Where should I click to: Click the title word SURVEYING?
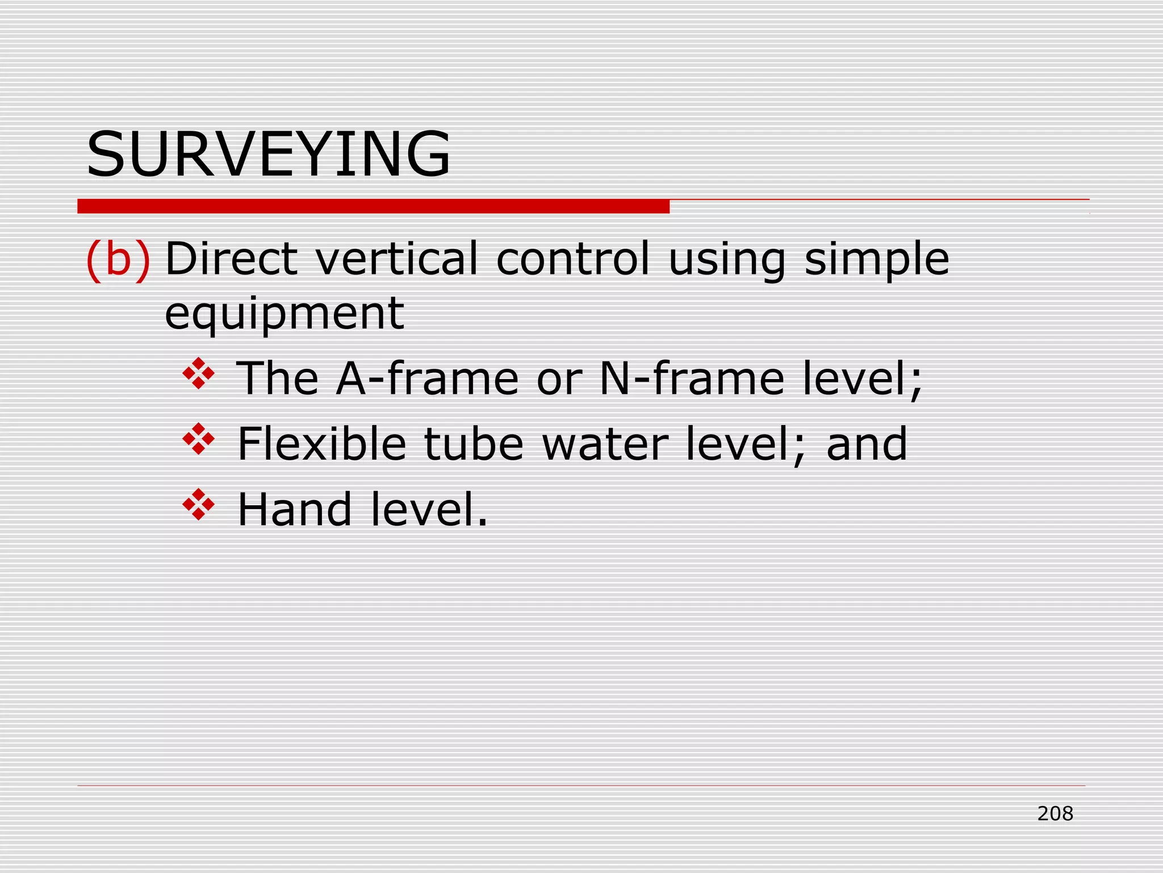[268, 154]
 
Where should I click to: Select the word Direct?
[231, 259]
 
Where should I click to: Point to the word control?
[573, 259]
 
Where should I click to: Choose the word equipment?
[284, 314]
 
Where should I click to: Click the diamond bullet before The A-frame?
[199, 373]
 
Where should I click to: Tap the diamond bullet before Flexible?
[199, 439]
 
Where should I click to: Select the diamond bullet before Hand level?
[199, 504]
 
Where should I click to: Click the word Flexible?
[321, 444]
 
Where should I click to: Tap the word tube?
[474, 444]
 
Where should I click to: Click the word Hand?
[294, 509]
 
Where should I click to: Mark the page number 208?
[1055, 814]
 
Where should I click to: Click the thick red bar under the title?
[373, 206]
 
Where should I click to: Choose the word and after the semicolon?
[867, 444]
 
